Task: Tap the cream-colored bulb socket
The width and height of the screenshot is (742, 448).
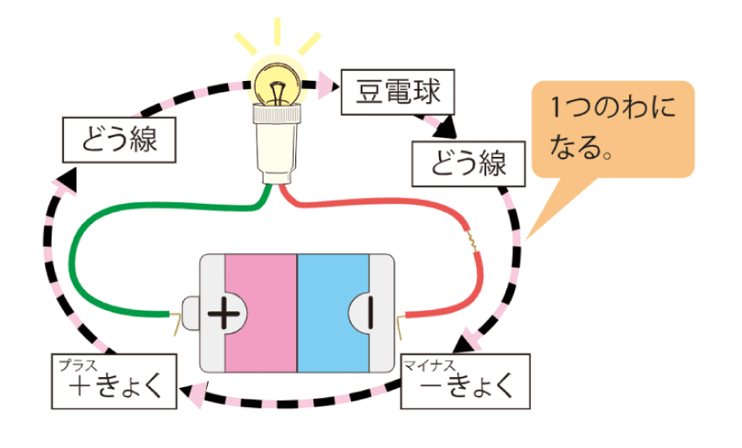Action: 276,143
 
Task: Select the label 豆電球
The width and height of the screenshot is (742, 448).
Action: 397,93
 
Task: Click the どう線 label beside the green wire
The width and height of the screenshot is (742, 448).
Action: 119,141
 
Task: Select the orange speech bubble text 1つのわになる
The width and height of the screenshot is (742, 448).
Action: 611,127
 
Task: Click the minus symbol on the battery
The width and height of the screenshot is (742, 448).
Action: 369,312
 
